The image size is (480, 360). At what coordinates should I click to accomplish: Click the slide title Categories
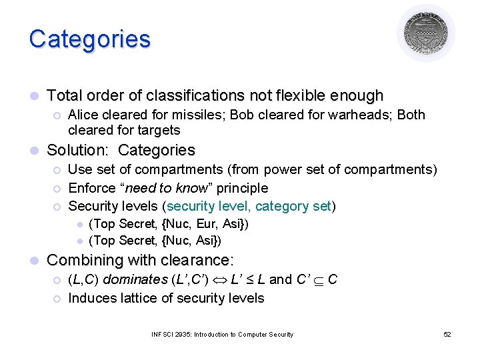[x=89, y=39]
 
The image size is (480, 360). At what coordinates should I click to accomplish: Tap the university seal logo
[x=426, y=33]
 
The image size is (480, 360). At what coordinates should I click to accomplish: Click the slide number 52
[x=447, y=334]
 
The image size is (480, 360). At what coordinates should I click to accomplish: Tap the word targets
[x=157, y=130]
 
